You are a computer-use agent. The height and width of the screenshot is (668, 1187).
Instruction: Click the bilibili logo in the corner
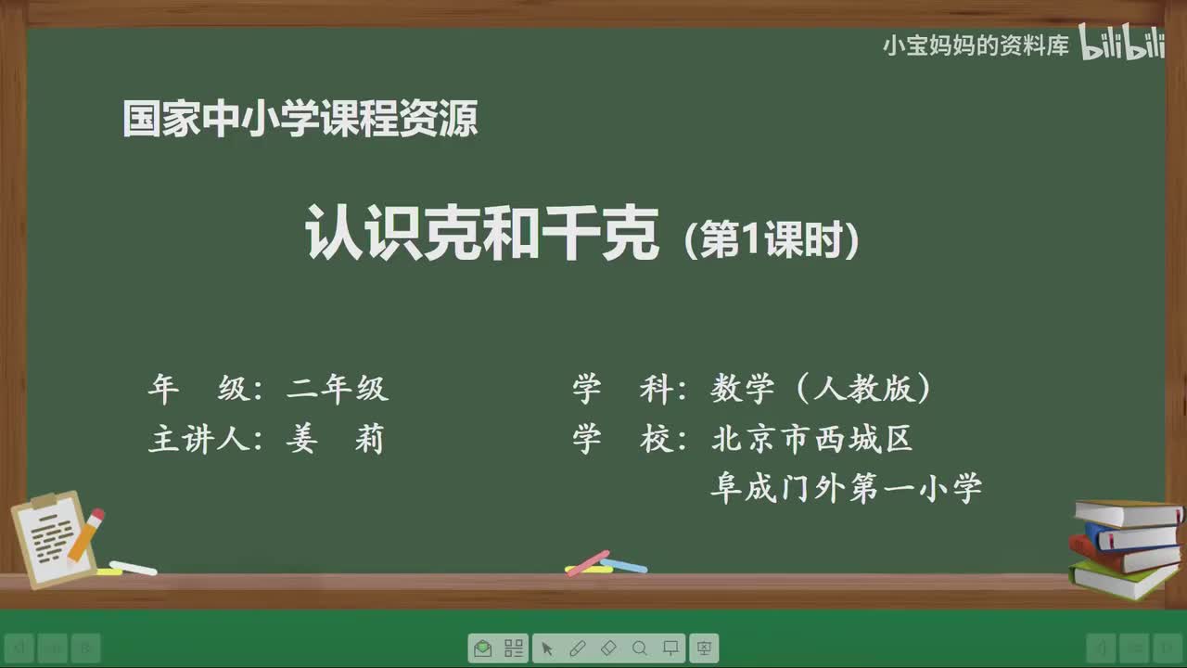pyautogui.click(x=1121, y=45)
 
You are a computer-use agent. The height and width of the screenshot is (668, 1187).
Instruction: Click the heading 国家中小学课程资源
pyautogui.click(x=300, y=120)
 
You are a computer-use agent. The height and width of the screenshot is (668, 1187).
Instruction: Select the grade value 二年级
pyautogui.click(x=338, y=390)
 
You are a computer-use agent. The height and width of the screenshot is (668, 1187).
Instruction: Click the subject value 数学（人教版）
pyautogui.click(x=821, y=390)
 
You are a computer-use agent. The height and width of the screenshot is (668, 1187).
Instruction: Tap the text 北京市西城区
pyautogui.click(x=812, y=439)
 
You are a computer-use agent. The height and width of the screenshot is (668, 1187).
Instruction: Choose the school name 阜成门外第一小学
pyautogui.click(x=846, y=488)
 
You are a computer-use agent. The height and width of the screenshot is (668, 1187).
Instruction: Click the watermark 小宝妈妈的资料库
pyautogui.click(x=976, y=45)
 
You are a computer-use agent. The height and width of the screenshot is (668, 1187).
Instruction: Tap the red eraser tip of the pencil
pyautogui.click(x=96, y=516)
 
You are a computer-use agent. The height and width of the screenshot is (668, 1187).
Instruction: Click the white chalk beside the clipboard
pyautogui.click(x=134, y=567)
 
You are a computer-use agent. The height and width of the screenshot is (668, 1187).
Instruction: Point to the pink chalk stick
pyautogui.click(x=588, y=562)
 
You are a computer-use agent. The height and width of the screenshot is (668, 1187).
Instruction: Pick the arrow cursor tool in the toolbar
pyautogui.click(x=547, y=649)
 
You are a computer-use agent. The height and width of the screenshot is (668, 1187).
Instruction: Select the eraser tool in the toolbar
pyautogui.click(x=608, y=649)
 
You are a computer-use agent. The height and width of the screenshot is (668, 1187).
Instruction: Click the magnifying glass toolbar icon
pyautogui.click(x=640, y=649)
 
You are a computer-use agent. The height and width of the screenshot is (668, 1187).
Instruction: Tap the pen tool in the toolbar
pyautogui.click(x=577, y=649)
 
